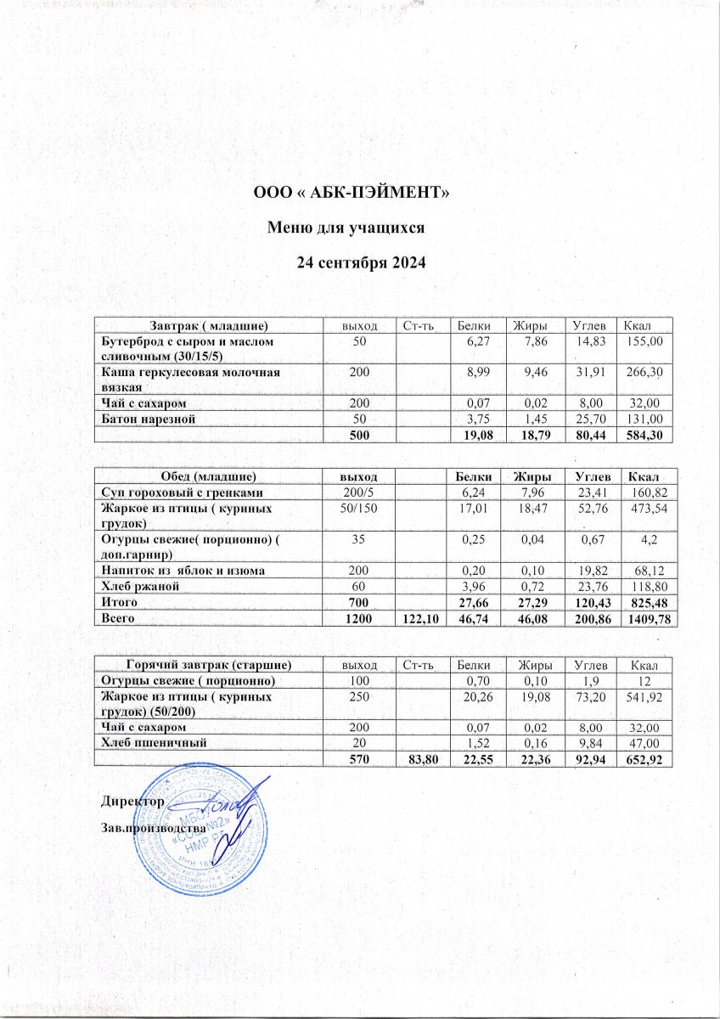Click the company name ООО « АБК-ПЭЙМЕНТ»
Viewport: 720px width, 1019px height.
click(x=352, y=194)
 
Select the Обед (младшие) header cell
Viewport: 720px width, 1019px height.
click(x=210, y=477)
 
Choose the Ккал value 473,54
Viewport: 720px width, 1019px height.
click(x=646, y=509)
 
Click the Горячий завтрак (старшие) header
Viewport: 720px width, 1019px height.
click(x=210, y=665)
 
